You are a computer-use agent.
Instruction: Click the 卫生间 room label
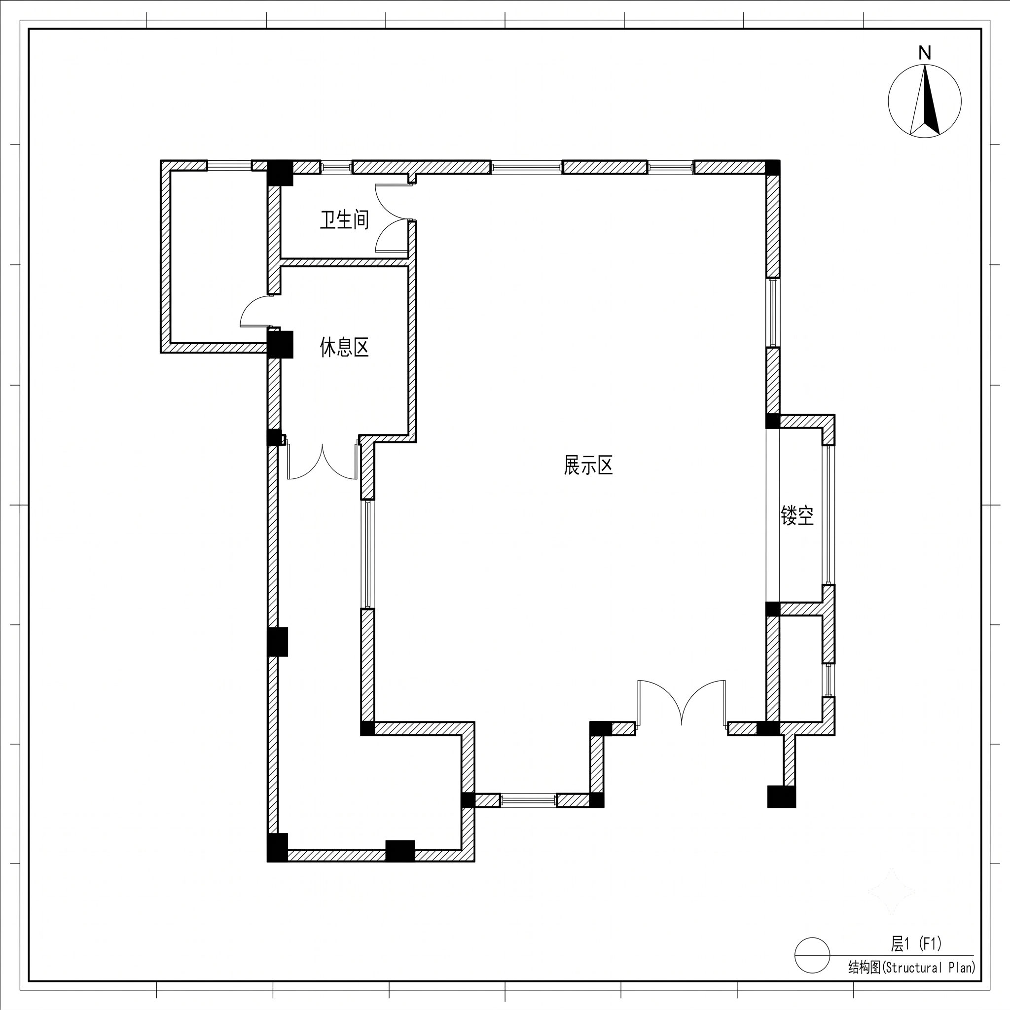345,220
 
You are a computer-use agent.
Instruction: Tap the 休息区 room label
345,347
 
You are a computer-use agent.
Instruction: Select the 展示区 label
588,465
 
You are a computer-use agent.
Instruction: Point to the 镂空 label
797,515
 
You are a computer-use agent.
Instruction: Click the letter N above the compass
925,53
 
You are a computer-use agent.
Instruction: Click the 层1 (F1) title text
916,943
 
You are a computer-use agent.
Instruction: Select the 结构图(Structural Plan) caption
912,967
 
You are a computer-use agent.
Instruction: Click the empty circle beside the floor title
812,955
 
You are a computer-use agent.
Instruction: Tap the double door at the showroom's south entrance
682,703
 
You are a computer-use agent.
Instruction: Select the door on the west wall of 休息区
256,312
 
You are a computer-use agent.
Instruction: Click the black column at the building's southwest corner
278,847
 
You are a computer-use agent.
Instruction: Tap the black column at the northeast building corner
773,168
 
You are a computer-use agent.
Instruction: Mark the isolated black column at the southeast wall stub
782,797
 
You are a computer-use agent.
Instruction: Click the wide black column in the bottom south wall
400,851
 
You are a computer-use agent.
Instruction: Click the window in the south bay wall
529,800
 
